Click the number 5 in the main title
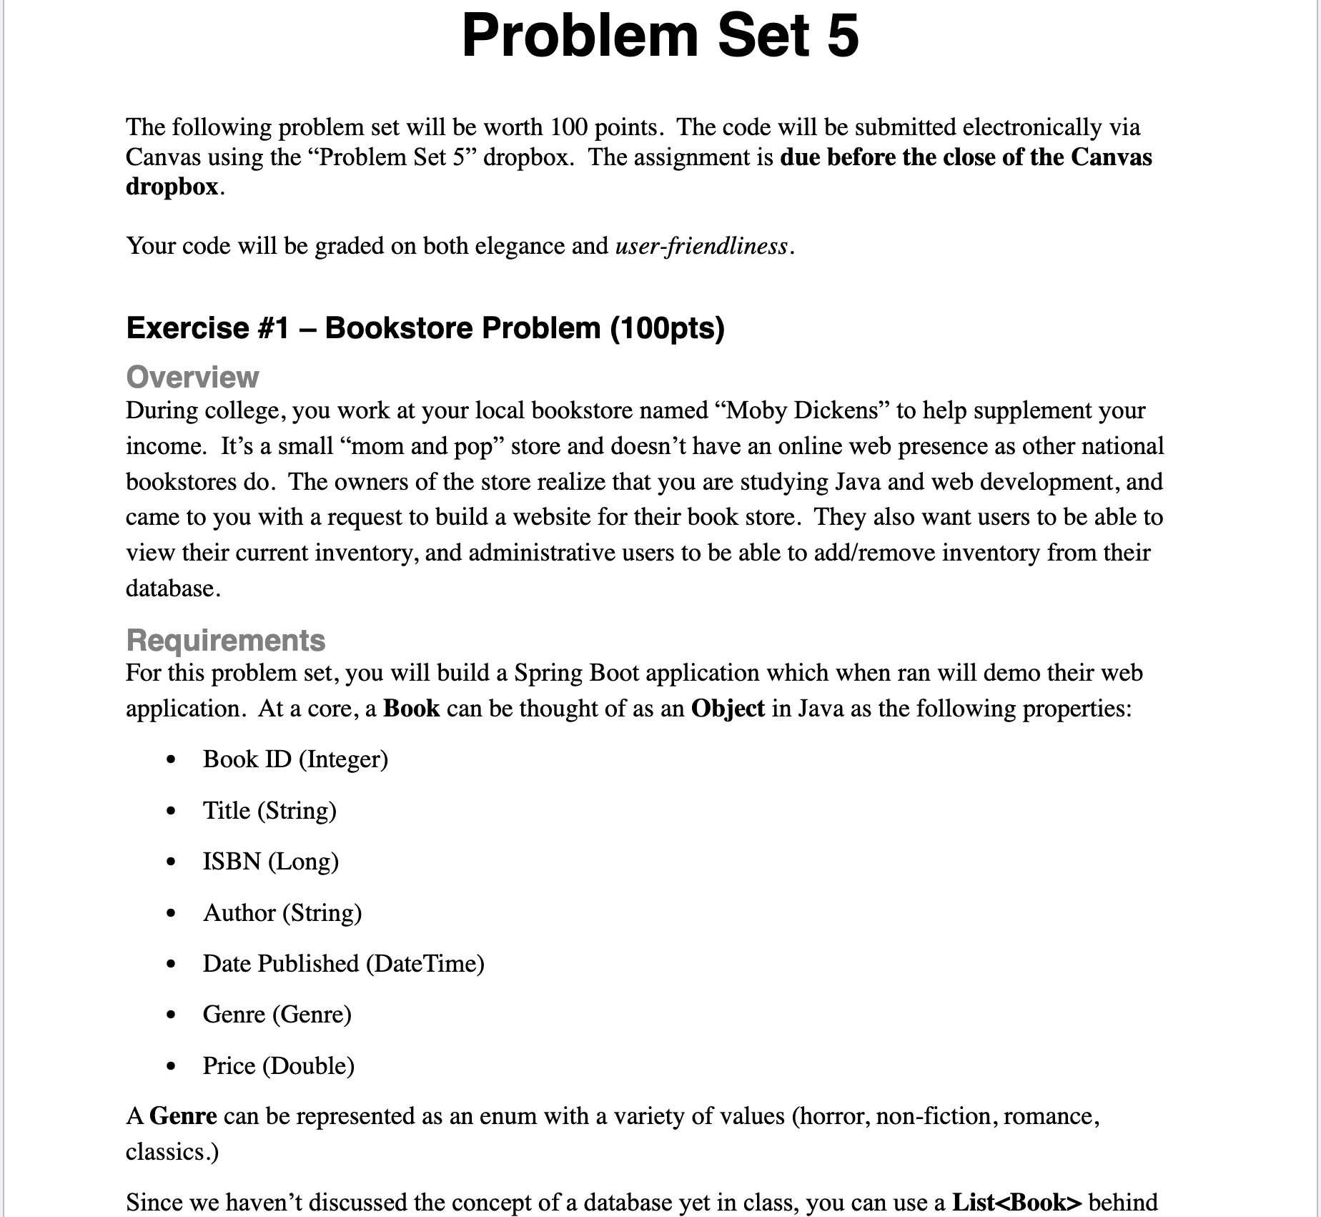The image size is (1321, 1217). pyautogui.click(x=842, y=37)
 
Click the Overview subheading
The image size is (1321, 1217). pyautogui.click(x=192, y=377)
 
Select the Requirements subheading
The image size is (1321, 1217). pyautogui.click(x=225, y=640)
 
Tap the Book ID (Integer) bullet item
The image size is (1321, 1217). pyautogui.click(x=295, y=759)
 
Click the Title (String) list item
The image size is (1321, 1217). pyautogui.click(x=269, y=810)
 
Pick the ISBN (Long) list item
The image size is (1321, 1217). pyautogui.click(x=270, y=861)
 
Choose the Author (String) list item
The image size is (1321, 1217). pyautogui.click(x=282, y=912)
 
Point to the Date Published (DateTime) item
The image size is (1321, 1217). pyautogui.click(x=343, y=963)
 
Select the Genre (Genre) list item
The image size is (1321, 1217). pyautogui.click(x=277, y=1014)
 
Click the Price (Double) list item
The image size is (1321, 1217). pyautogui.click(x=278, y=1065)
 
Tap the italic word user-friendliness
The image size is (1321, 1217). pyautogui.click(x=701, y=246)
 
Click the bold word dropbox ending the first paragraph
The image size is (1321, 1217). pyautogui.click(x=172, y=186)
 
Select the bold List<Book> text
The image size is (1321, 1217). pyautogui.click(x=1017, y=1201)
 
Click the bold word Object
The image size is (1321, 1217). pyautogui.click(x=728, y=708)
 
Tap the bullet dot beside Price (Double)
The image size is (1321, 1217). pyautogui.click(x=170, y=1067)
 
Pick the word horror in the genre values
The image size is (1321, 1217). pyautogui.click(x=831, y=1115)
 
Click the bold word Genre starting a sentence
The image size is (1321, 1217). pyautogui.click(x=183, y=1115)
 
